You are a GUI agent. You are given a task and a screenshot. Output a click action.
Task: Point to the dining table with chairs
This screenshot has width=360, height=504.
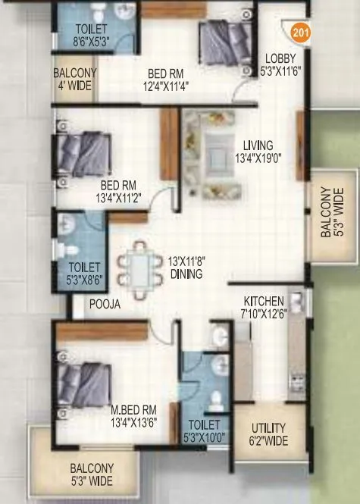pyautogui.click(x=144, y=264)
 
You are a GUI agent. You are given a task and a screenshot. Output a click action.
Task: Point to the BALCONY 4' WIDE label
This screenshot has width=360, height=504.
pyautogui.click(x=73, y=80)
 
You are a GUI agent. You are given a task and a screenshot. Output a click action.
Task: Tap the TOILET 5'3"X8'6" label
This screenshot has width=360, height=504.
pyautogui.click(x=82, y=273)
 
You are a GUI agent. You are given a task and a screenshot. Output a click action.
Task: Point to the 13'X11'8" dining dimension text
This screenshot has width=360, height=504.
pyautogui.click(x=187, y=268)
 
